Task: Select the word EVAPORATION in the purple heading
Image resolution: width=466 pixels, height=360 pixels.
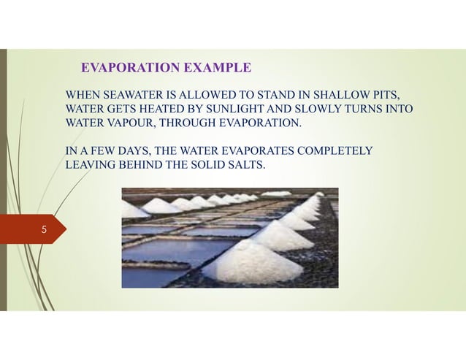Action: coord(125,69)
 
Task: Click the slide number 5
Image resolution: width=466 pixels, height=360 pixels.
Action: coord(44,230)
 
